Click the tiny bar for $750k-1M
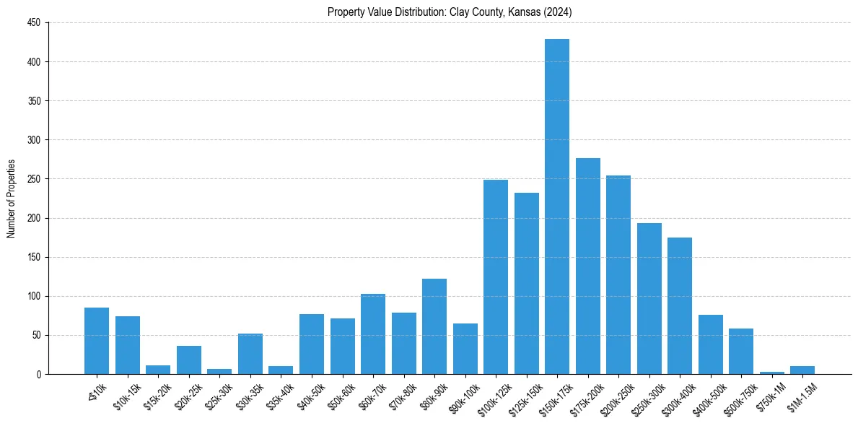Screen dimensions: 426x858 click(772, 373)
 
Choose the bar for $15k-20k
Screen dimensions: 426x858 click(158, 370)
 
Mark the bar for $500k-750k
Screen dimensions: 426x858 click(741, 352)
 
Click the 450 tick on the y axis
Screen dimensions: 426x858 click(34, 23)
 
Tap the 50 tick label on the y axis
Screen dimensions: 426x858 click(36, 336)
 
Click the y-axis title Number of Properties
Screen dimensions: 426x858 click(11, 199)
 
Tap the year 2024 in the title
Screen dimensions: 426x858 click(558, 12)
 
